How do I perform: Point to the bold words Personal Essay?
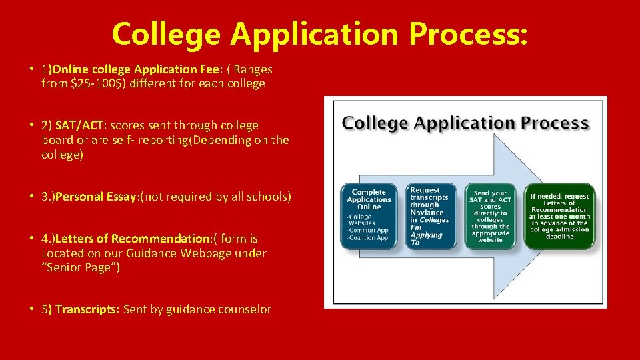click(x=98, y=197)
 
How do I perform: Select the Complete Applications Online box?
click(x=369, y=216)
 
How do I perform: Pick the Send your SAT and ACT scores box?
click(x=490, y=216)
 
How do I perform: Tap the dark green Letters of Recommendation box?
click(x=559, y=216)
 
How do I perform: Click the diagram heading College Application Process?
click(x=465, y=123)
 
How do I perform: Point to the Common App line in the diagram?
click(x=369, y=230)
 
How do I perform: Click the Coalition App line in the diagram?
click(x=369, y=237)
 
